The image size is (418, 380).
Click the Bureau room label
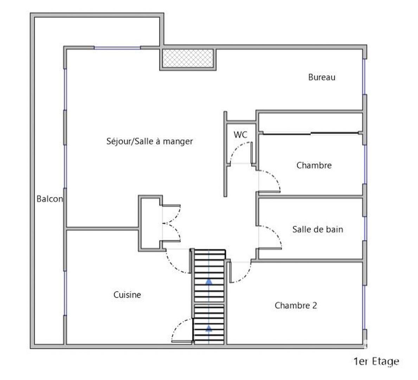pyautogui.click(x=321, y=77)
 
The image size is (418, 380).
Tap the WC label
pyautogui.click(x=240, y=134)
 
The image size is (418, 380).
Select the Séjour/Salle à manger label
pyautogui.click(x=149, y=141)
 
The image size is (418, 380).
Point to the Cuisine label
pyautogui.click(x=127, y=294)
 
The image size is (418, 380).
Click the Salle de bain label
pyautogui.click(x=317, y=229)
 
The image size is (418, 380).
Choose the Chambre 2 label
pyautogui.click(x=296, y=305)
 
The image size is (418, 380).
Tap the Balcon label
pyautogui.click(x=50, y=199)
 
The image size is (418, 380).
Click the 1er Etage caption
pyautogui.click(x=376, y=361)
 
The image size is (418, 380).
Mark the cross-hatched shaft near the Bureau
pyautogui.click(x=188, y=58)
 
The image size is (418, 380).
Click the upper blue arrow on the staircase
pyautogui.click(x=209, y=281)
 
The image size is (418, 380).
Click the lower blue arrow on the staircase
pyautogui.click(x=209, y=328)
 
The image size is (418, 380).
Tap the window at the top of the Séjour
pyautogui.click(x=117, y=48)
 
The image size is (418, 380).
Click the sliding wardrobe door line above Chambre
pyautogui.click(x=310, y=133)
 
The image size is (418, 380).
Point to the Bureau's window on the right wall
pyautogui.click(x=364, y=77)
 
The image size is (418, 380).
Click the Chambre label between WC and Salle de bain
pyautogui.click(x=314, y=165)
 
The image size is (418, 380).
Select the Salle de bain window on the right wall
pyautogui.click(x=365, y=228)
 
